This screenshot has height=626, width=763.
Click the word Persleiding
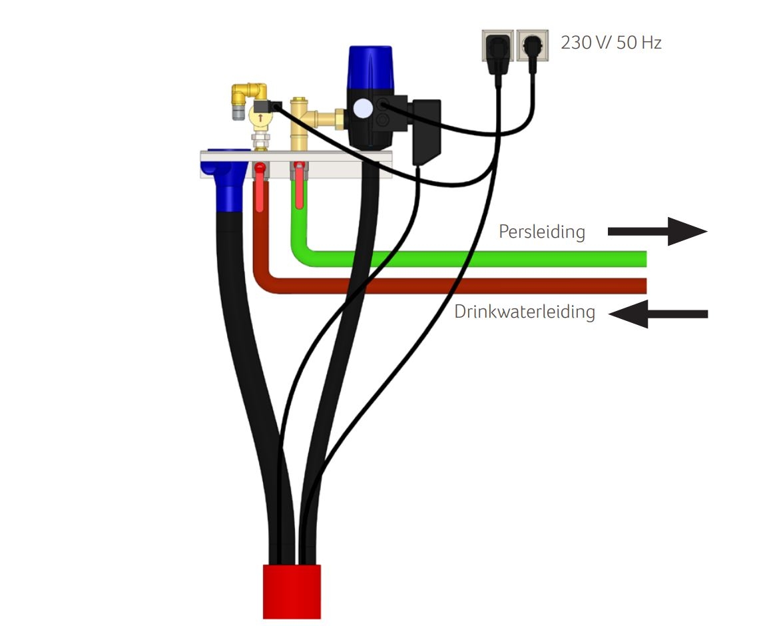[542, 232]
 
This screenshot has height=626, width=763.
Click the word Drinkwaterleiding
[525, 312]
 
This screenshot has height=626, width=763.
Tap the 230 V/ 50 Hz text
[611, 44]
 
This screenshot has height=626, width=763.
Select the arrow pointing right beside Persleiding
[656, 231]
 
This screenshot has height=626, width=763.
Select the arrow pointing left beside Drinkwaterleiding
[658, 314]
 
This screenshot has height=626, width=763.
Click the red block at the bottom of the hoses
[292, 591]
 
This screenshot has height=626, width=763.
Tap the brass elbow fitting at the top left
[250, 93]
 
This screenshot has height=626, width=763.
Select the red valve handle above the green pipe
[300, 190]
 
